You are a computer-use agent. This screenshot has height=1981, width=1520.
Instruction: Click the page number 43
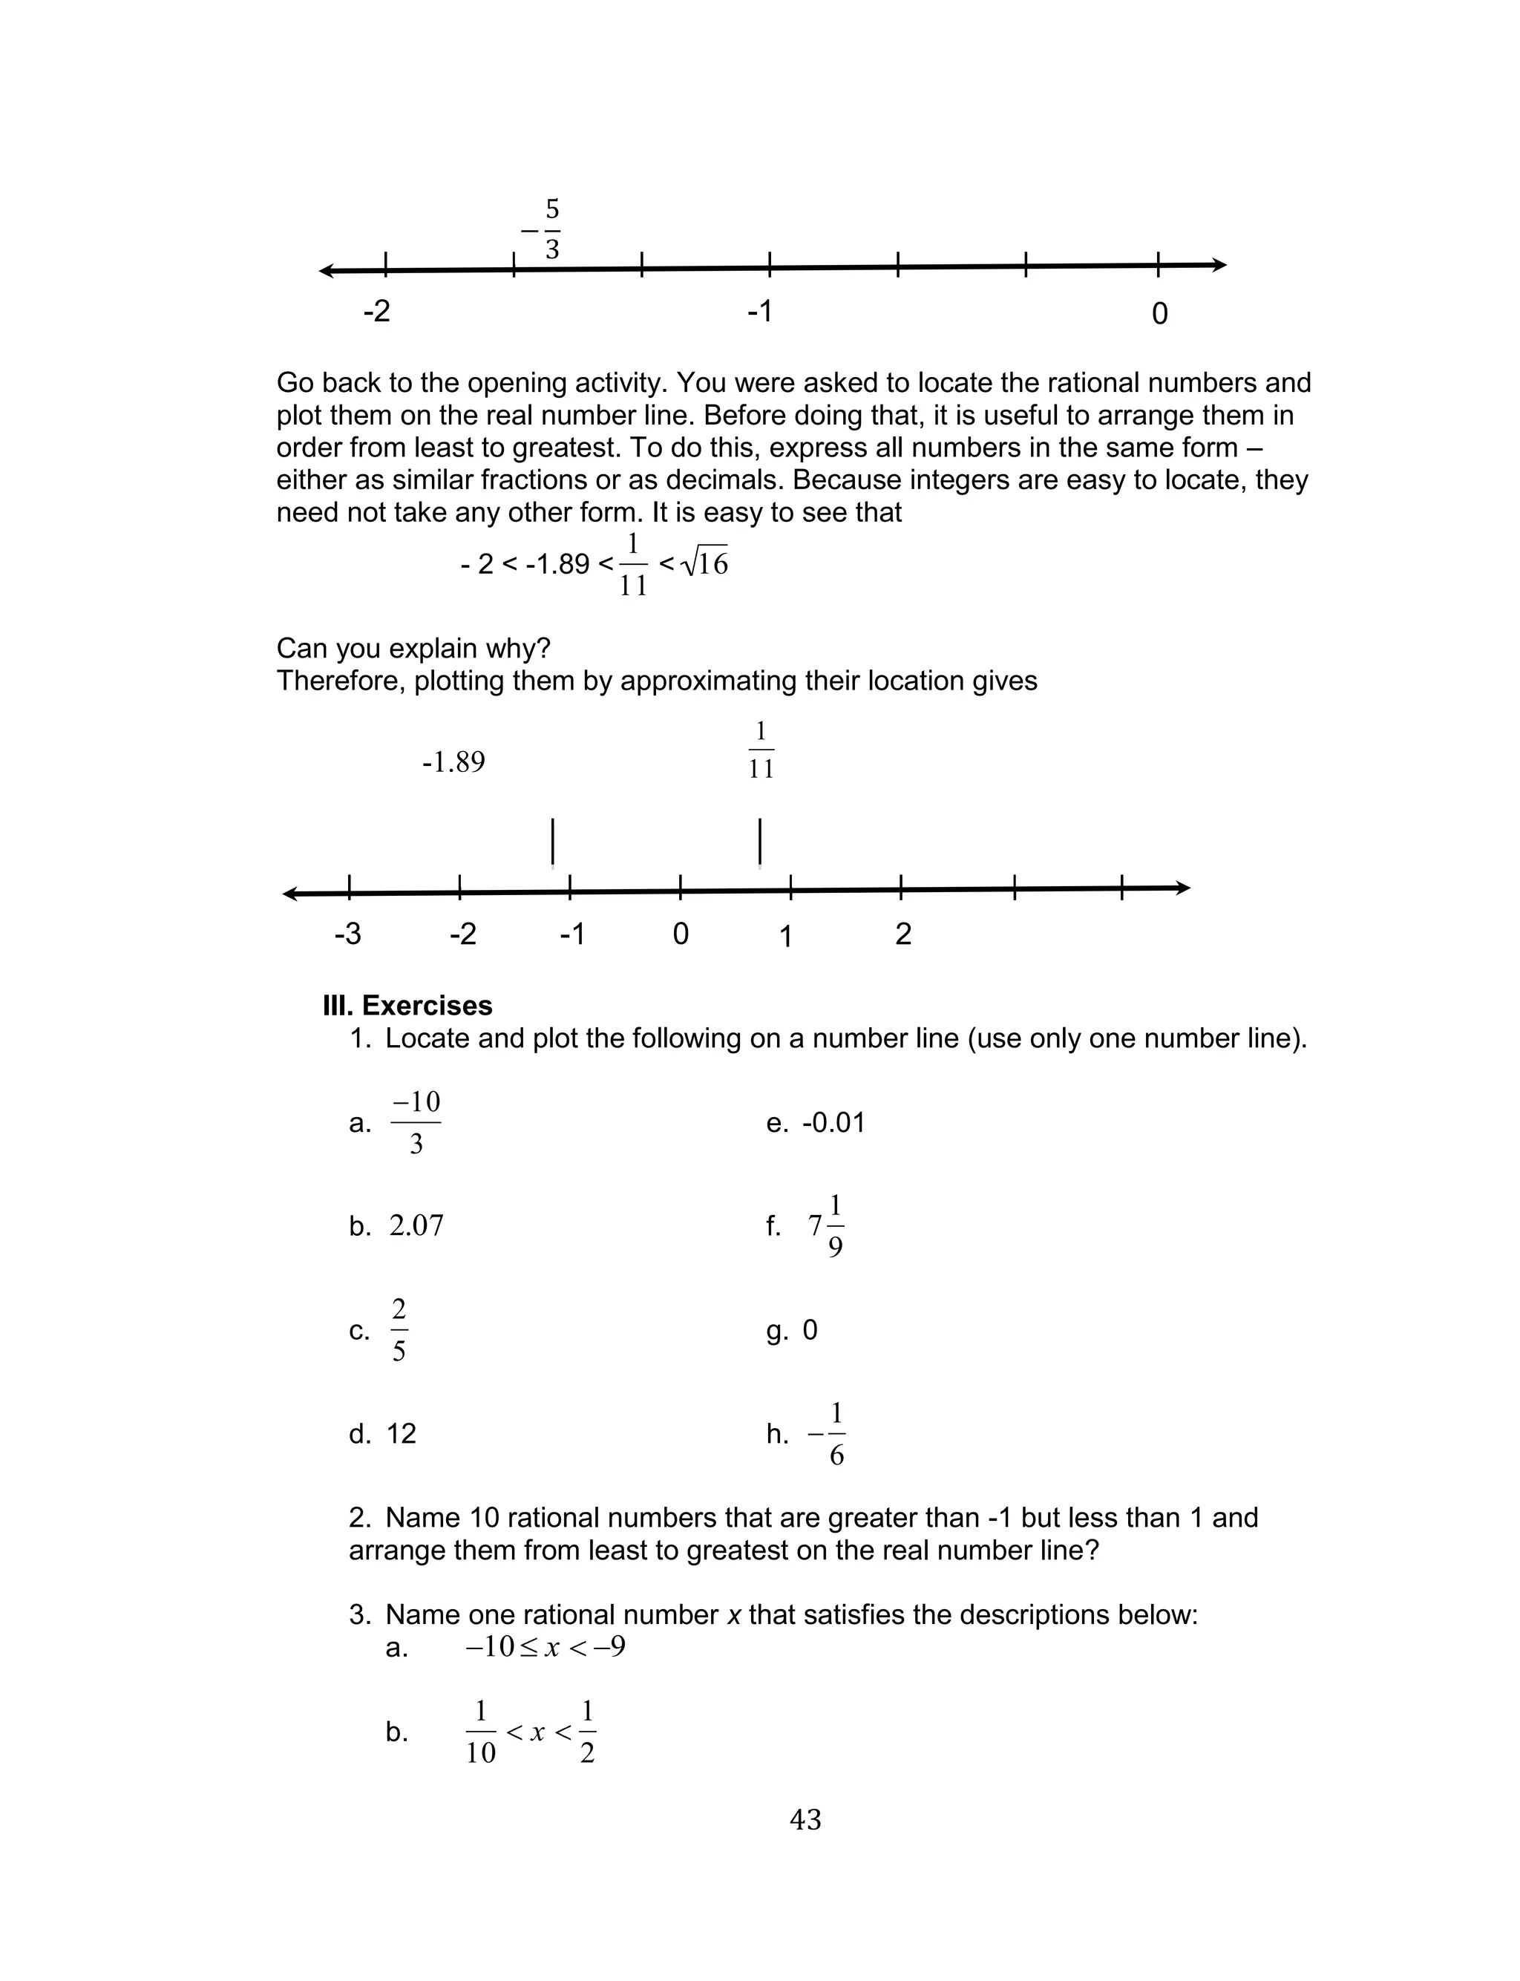(x=805, y=1819)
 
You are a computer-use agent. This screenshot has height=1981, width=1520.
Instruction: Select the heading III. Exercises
(x=407, y=1006)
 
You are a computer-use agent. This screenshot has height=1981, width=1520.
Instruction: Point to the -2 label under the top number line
(x=376, y=311)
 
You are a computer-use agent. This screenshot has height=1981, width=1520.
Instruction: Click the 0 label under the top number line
(x=1159, y=314)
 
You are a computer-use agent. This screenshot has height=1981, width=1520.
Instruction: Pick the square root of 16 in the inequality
(x=705, y=563)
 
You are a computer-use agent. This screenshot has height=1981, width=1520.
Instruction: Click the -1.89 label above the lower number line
(x=453, y=762)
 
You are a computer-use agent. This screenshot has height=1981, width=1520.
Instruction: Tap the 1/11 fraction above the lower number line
(x=761, y=750)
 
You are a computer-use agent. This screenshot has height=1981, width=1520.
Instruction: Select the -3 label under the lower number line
(x=347, y=934)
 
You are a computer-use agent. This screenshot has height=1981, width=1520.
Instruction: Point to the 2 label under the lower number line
(x=903, y=934)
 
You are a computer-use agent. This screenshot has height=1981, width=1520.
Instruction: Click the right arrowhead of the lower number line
(x=1184, y=888)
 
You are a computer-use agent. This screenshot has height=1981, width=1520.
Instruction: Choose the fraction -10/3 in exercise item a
(x=416, y=1122)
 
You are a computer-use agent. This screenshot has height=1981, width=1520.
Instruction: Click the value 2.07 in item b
(x=416, y=1225)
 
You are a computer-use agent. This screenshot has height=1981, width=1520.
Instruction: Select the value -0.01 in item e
(x=833, y=1122)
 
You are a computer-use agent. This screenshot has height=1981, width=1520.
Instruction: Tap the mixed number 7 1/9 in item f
(x=826, y=1225)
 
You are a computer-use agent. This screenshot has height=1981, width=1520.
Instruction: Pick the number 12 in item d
(x=401, y=1434)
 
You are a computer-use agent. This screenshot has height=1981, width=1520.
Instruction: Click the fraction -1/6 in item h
(x=828, y=1434)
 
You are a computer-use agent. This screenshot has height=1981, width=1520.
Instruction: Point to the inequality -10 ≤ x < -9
(x=545, y=1646)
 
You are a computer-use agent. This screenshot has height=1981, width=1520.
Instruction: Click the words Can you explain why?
(x=413, y=649)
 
